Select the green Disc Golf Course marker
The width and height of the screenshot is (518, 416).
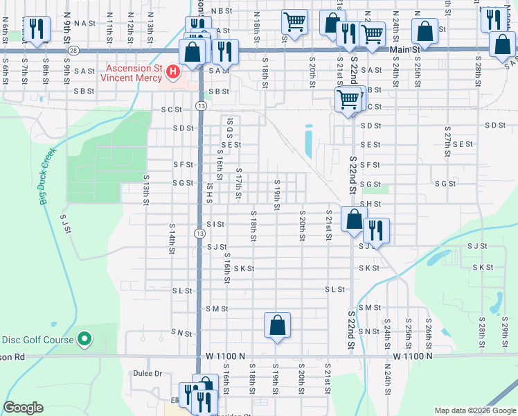click(84, 338)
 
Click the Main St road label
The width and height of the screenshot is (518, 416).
click(405, 50)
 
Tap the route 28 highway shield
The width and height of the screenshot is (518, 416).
click(74, 51)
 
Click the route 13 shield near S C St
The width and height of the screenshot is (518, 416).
click(200, 105)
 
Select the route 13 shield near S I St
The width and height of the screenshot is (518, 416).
click(200, 234)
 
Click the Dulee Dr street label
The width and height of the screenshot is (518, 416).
click(148, 373)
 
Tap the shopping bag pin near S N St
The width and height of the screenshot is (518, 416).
click(277, 324)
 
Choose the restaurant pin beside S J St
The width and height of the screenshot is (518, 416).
click(376, 229)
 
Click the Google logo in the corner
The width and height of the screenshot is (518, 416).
click(23, 408)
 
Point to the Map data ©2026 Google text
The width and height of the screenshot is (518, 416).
click(474, 410)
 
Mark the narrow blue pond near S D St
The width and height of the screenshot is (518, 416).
click(307, 141)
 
